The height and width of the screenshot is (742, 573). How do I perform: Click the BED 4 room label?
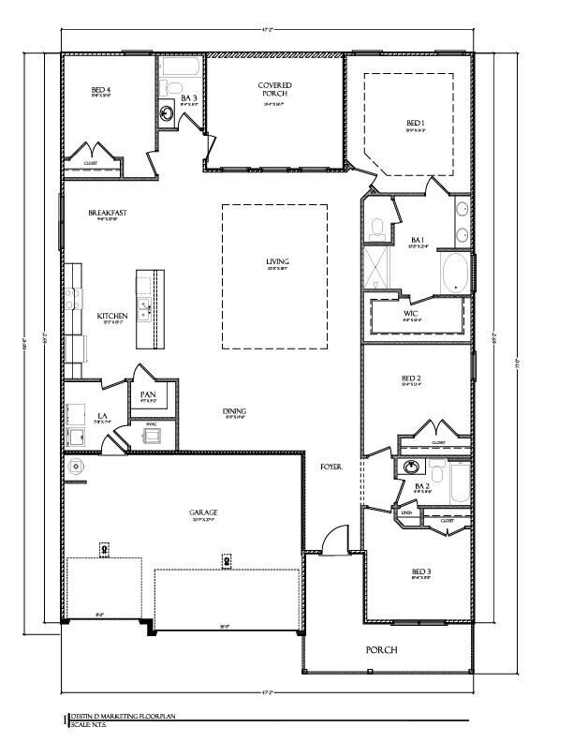[101, 91]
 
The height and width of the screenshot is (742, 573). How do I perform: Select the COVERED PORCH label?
[275, 90]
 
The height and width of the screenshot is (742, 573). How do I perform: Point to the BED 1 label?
[416, 123]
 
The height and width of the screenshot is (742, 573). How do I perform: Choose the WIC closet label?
[411, 313]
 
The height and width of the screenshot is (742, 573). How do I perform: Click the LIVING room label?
[276, 261]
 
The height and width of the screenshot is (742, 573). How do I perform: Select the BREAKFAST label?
[108, 213]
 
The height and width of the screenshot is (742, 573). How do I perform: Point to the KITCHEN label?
[112, 316]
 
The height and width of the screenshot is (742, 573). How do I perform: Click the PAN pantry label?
[148, 395]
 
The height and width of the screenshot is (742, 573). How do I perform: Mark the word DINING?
[234, 411]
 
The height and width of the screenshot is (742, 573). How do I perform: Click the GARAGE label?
[202, 512]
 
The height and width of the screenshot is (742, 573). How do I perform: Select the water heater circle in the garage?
[73, 466]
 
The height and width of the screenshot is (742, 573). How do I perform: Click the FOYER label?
[331, 466]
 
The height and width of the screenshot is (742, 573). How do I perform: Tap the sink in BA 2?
[410, 467]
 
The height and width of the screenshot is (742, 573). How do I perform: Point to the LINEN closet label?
[406, 513]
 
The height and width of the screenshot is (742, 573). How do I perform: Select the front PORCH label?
[382, 649]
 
